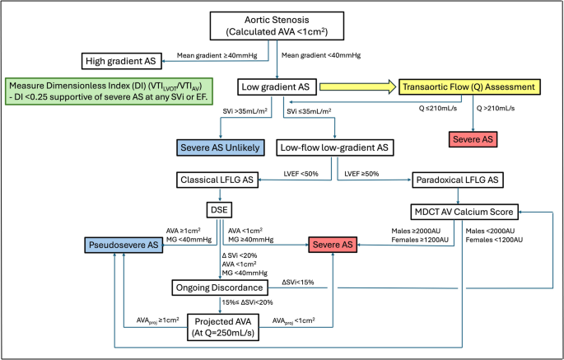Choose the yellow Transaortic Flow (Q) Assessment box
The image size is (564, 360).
(468, 86)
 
